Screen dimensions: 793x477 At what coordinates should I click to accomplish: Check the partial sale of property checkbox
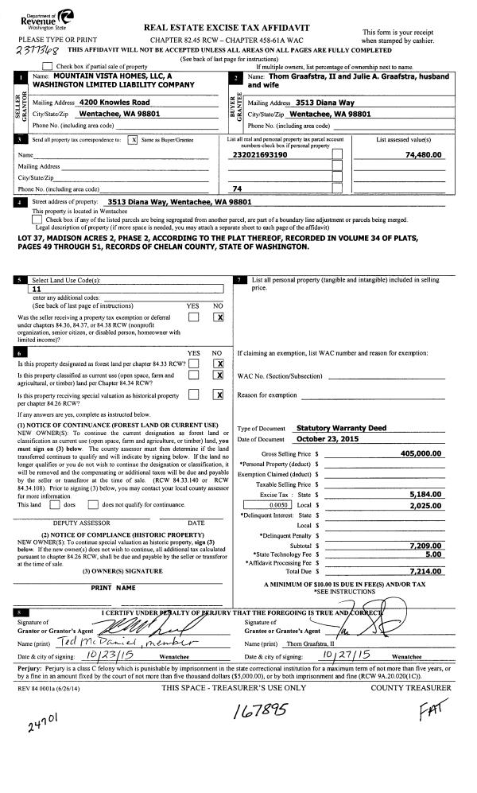48,66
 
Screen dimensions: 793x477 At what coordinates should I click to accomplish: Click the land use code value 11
34,290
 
